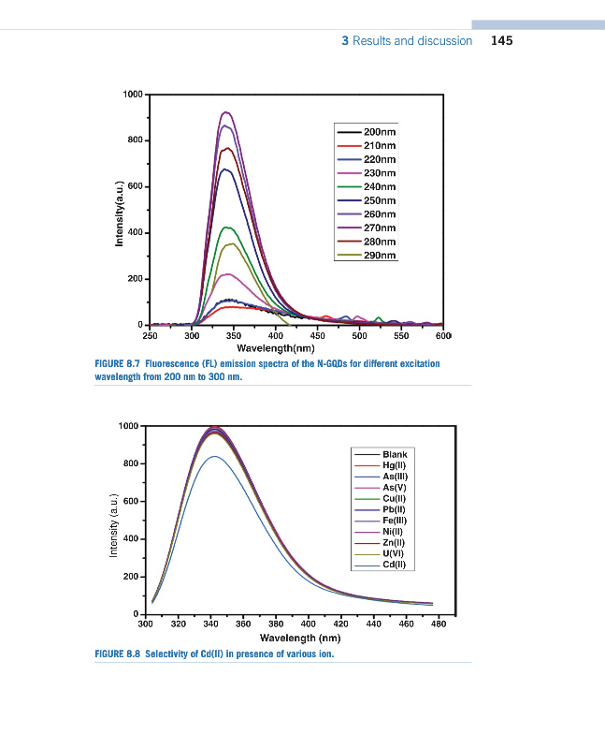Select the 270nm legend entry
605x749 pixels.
(379, 228)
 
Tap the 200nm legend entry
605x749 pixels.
(379, 132)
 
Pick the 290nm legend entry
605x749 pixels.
(379, 256)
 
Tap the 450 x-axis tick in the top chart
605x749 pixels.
(318, 334)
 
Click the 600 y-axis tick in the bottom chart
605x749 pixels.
(131, 501)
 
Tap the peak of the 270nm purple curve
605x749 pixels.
(225, 112)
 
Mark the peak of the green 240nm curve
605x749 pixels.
(227, 227)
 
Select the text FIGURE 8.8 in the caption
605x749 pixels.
(117, 654)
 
